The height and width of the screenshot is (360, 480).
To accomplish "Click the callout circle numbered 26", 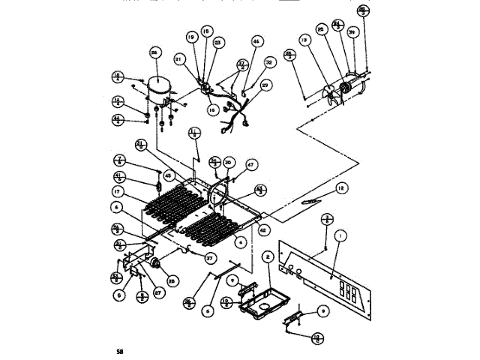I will tap(154, 53).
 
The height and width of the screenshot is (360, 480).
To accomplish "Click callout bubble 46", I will tap(256, 42).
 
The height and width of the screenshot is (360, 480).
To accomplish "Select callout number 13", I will tap(304, 40).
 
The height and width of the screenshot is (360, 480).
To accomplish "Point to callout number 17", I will tap(117, 193).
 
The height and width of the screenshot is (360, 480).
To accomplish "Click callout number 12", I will tap(340, 187).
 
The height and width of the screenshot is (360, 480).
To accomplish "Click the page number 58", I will tap(119, 350).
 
